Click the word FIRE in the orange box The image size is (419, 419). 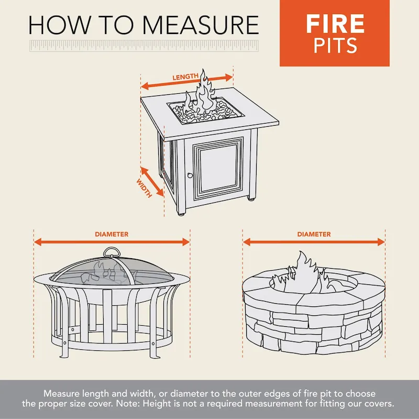(x=335, y=24)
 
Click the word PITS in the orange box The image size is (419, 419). (x=335, y=46)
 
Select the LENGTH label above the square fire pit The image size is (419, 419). (x=186, y=77)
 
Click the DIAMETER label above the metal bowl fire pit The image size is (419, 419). (x=112, y=234)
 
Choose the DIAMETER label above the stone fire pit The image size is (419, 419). (x=314, y=234)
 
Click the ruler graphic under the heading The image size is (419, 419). (x=144, y=45)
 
